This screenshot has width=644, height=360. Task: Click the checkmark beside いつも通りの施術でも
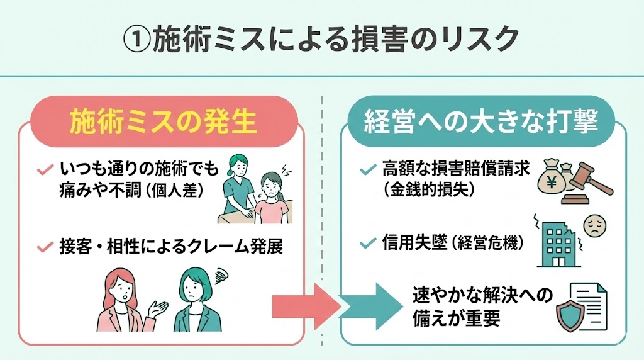point(45,170)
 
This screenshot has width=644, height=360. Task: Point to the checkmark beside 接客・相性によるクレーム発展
point(45,247)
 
